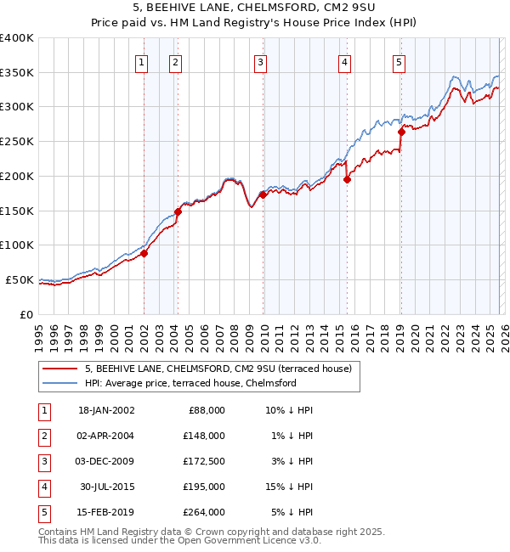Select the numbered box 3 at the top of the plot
pos(259,61)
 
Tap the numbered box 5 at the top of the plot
pos(399,61)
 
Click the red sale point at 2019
pos(401,131)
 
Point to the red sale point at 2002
pos(144,252)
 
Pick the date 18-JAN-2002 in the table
pos(105,409)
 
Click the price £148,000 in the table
pos(205,435)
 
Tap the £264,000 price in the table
pos(205,512)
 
